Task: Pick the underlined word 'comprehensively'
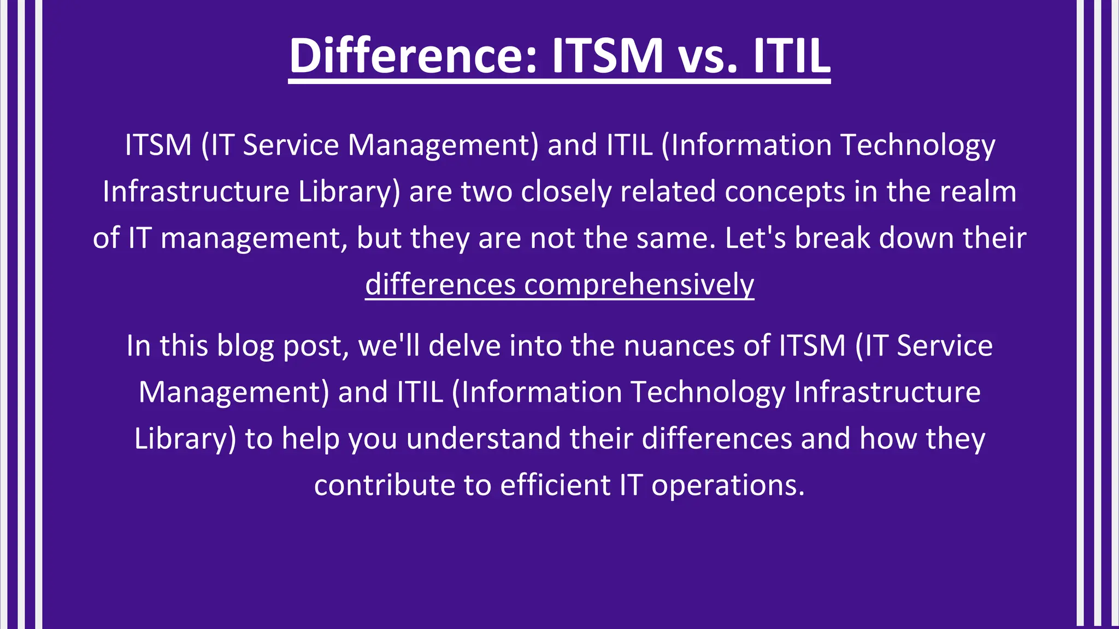639,285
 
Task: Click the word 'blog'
245,346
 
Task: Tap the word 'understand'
484,438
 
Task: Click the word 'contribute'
384,485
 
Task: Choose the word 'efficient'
555,485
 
